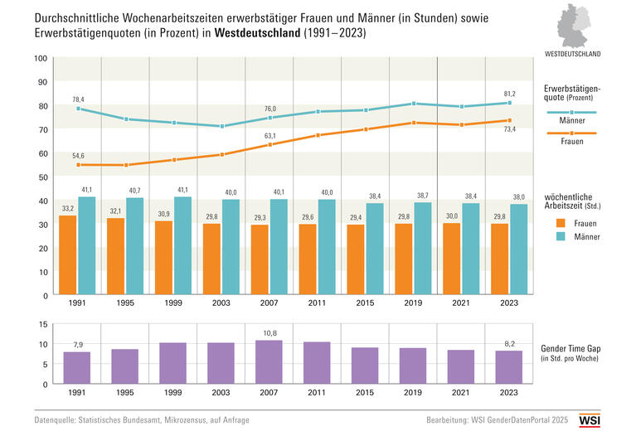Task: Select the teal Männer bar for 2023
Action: [x=519, y=249]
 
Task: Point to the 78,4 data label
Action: [x=78, y=99]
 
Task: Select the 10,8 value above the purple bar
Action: [x=269, y=333]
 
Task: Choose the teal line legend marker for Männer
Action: [x=571, y=112]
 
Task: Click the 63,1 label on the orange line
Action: [x=270, y=136]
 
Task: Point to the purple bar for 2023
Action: [x=509, y=367]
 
